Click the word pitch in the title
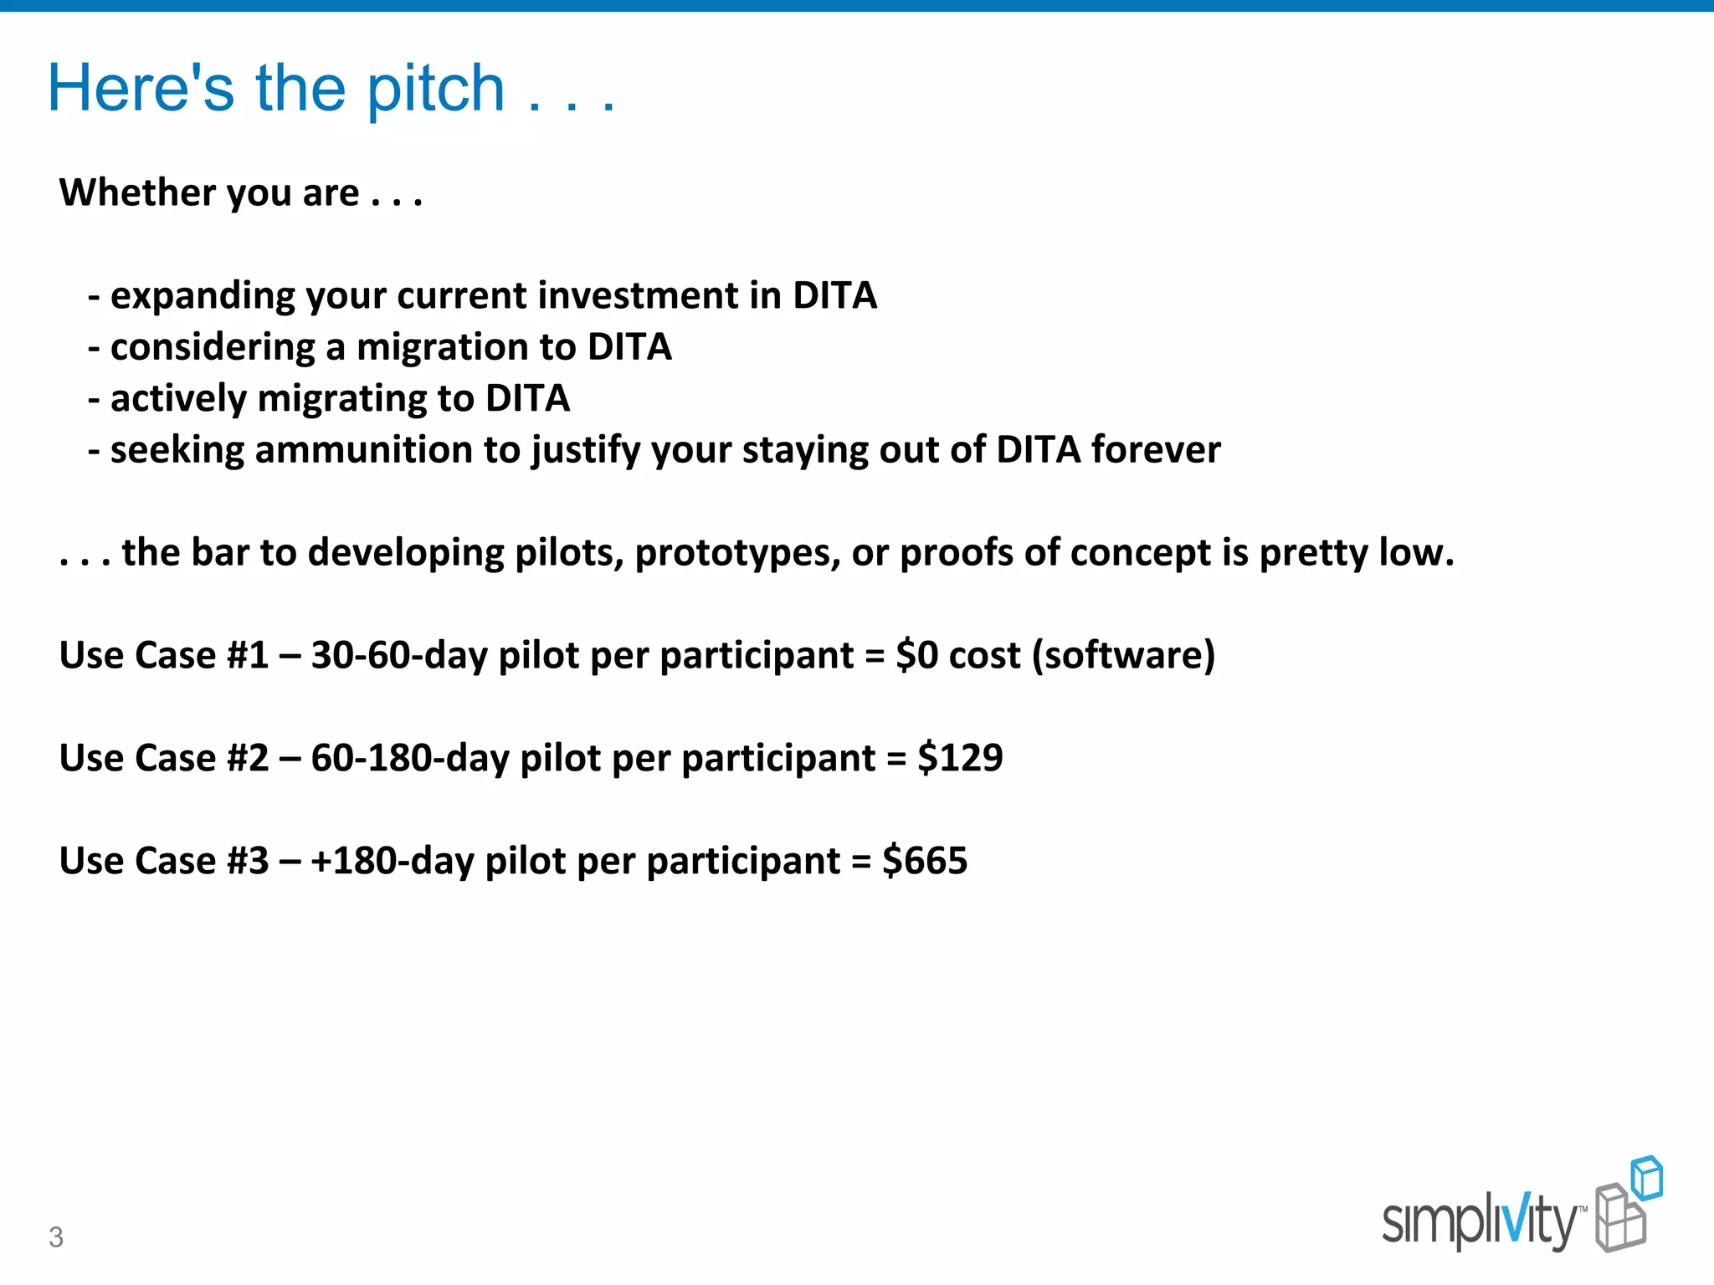pos(435,90)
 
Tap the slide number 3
pos(56,1236)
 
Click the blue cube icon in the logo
pos(1646,1178)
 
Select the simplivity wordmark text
pos(1478,1221)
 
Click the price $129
pos(960,758)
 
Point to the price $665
pos(925,861)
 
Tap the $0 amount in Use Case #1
pos(916,655)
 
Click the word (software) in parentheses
pos(1123,655)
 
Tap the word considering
pos(212,347)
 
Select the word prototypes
pos(736,554)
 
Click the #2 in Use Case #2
pos(248,758)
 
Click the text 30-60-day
pos(399,655)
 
